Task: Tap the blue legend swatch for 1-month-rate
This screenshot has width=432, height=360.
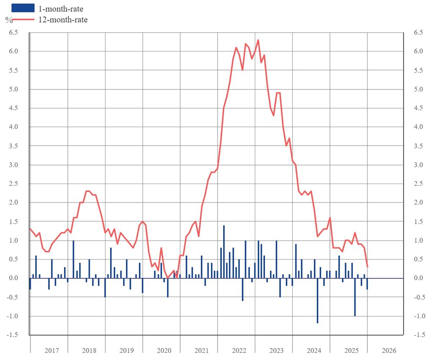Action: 23,8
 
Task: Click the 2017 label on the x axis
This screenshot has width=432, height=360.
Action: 51,351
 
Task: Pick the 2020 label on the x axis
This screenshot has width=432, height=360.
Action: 164,351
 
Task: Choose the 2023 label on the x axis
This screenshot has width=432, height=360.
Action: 276,351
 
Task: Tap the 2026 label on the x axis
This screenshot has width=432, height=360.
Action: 389,351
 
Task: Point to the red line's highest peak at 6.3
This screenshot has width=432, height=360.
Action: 258,40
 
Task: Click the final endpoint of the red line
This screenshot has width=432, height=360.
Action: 367,267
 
